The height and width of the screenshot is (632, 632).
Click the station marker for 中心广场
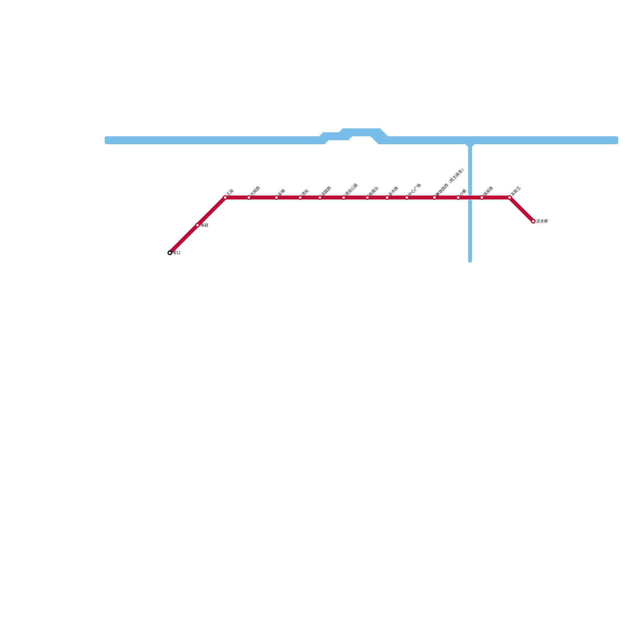tap(407, 197)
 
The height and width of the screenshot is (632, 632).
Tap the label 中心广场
tap(414, 189)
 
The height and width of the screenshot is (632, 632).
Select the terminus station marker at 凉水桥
tap(533, 221)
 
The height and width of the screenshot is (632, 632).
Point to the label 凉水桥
tap(542, 221)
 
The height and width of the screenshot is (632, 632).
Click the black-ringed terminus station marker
tap(170, 253)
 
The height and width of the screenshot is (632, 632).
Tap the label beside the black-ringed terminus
tap(177, 253)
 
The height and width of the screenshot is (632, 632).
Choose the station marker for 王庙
tap(225, 197)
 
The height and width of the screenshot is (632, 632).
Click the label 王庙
tap(230, 192)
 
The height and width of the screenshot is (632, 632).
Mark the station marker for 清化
tap(300, 197)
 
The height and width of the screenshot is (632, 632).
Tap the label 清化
tap(305, 192)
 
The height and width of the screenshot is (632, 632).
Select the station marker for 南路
tap(197, 225)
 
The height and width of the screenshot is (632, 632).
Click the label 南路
tap(204, 225)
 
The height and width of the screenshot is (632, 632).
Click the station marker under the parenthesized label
tap(434, 197)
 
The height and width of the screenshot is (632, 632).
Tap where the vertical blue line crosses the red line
tap(470, 197)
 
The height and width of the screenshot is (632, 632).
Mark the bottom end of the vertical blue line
tap(470, 260)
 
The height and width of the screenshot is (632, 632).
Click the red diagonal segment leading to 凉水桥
tap(521, 209)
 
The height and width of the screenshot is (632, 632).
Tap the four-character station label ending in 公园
tap(351, 189)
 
